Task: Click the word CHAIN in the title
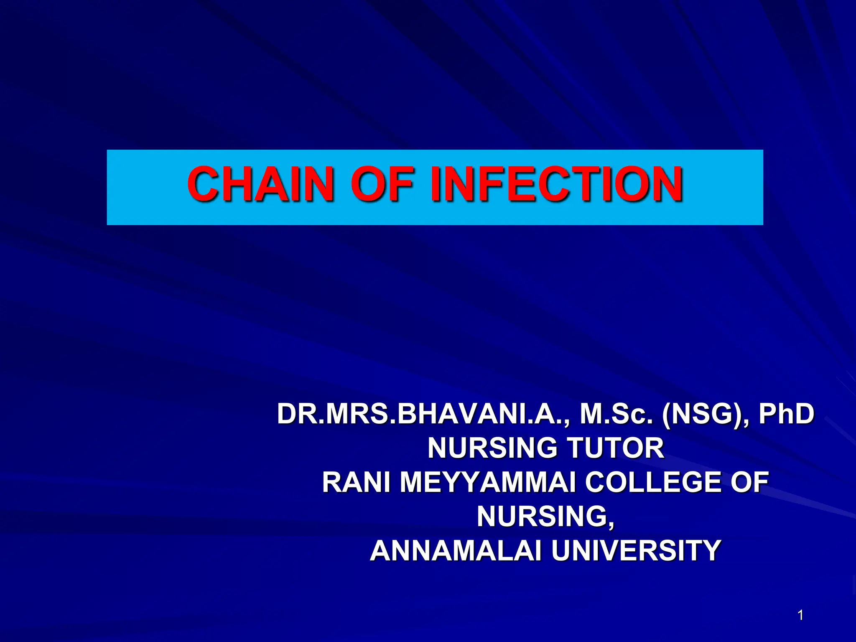pyautogui.click(x=260, y=184)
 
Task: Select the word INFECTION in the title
pyautogui.click(x=556, y=184)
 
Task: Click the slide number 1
pyautogui.click(x=800, y=615)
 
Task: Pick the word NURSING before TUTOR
pyautogui.click(x=492, y=448)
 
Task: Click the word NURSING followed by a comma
pyautogui.click(x=545, y=517)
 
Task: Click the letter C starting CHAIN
pyautogui.click(x=204, y=184)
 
